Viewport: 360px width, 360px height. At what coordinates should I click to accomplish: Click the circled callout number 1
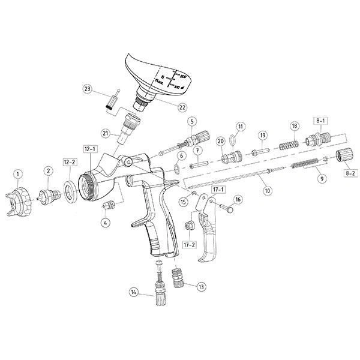(18, 175)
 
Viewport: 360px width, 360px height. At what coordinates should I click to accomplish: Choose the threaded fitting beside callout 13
(178, 278)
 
